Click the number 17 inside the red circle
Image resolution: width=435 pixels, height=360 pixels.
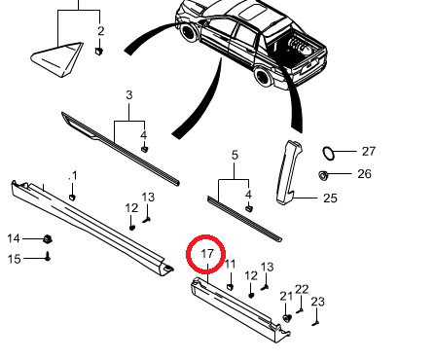[x=207, y=253]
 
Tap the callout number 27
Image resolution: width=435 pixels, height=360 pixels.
[x=369, y=151]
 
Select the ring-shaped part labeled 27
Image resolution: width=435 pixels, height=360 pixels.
[x=328, y=153]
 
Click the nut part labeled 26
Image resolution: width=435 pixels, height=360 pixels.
[x=323, y=175]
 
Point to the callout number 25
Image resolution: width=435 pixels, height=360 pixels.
[x=330, y=198]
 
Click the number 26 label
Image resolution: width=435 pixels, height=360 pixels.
[x=364, y=174]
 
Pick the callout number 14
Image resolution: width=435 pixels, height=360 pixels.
[x=14, y=238]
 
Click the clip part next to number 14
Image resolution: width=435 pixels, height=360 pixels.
[x=48, y=239]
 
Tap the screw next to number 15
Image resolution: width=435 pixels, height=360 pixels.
[x=48, y=256]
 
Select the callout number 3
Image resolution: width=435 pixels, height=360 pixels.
[x=129, y=95]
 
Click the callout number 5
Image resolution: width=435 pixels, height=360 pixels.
[x=235, y=155]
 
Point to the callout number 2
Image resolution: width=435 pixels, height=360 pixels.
[x=101, y=31]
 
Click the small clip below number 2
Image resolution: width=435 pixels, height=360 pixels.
[x=99, y=51]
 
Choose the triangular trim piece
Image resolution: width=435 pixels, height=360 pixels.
[x=57, y=59]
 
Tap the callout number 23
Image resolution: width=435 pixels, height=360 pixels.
[x=317, y=302]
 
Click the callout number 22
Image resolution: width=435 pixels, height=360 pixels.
[x=302, y=289]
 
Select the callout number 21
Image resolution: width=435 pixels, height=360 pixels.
[x=286, y=296]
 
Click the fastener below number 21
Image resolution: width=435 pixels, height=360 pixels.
[x=287, y=318]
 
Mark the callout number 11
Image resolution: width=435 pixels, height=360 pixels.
[x=230, y=264]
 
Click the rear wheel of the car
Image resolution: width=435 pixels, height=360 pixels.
[x=264, y=77]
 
